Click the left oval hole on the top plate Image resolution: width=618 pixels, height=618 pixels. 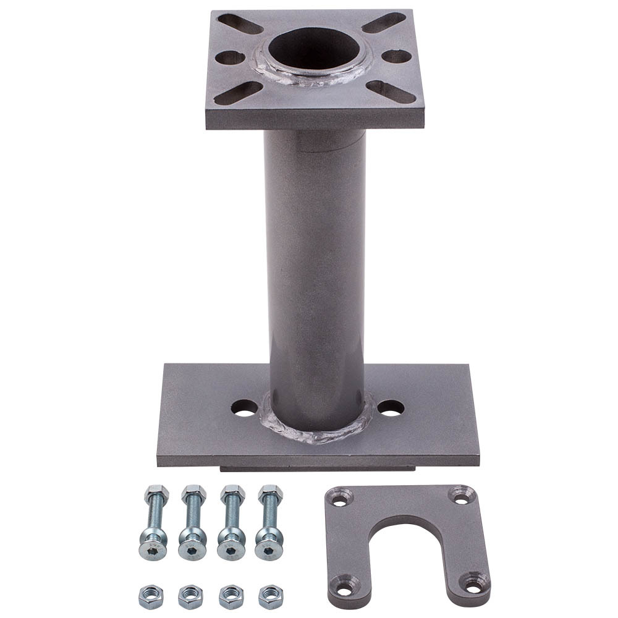point(231,57)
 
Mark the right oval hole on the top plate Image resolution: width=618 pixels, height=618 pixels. point(396,56)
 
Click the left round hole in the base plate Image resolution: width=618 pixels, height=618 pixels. point(245,408)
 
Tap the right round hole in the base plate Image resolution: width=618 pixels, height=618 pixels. point(391,408)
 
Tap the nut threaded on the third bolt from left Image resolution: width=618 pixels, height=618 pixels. point(232,494)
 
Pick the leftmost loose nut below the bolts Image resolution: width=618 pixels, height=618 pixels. point(151,596)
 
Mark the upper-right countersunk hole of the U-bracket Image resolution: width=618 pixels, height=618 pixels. point(459,495)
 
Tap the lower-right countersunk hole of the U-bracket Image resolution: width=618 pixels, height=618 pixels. point(475,582)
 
